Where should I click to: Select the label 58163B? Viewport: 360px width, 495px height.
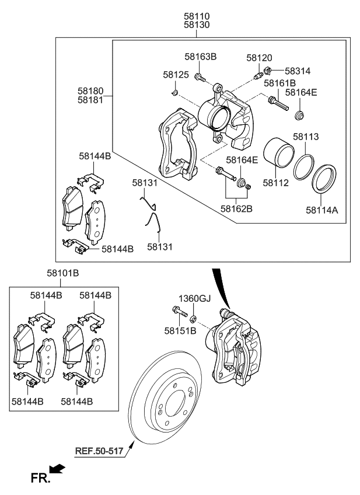(201, 57)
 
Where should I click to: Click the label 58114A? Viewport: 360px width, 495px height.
(322, 208)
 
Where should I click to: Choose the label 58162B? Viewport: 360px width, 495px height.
(236, 207)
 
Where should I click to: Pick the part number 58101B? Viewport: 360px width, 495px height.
(63, 273)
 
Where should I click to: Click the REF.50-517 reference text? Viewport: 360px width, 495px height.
(99, 450)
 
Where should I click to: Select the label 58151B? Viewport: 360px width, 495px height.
(180, 330)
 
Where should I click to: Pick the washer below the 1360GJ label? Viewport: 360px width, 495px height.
(194, 319)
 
